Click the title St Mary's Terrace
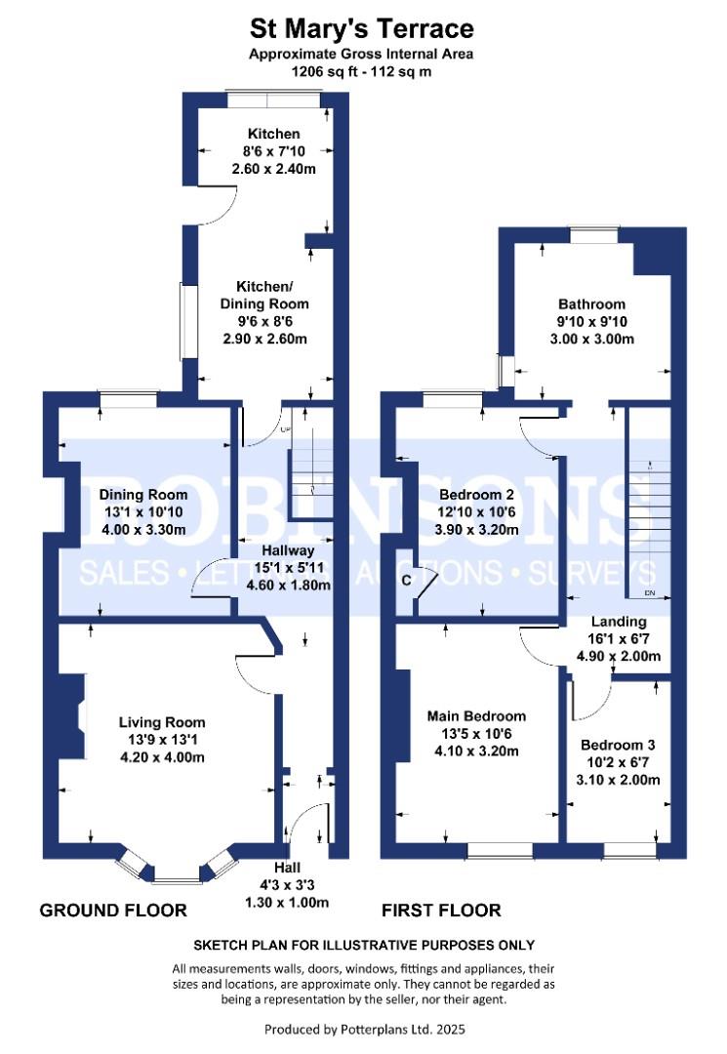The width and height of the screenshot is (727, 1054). coord(361,29)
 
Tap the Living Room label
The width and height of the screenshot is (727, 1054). coord(162,722)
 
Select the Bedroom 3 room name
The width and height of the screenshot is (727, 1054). coord(618,745)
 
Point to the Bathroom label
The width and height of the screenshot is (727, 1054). coord(591,304)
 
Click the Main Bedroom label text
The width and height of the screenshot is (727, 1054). coord(476,716)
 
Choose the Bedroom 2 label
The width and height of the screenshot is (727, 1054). coord(476,495)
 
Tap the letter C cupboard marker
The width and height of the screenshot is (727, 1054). coord(406,580)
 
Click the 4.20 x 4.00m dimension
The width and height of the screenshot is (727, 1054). coord(162,757)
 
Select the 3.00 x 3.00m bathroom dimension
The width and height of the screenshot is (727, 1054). coord(591,339)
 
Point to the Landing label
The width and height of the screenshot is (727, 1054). coord(618,622)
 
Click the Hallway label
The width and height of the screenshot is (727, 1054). coord(288,550)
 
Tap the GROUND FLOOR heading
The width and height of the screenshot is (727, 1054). coord(113,911)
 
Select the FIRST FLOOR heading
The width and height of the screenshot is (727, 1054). coord(441,911)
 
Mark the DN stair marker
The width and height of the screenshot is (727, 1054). coord(649,593)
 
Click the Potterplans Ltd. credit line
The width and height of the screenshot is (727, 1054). coord(364,1030)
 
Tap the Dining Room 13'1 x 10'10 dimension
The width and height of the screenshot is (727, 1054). coord(143,512)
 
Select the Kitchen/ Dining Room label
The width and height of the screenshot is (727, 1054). coord(264,295)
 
